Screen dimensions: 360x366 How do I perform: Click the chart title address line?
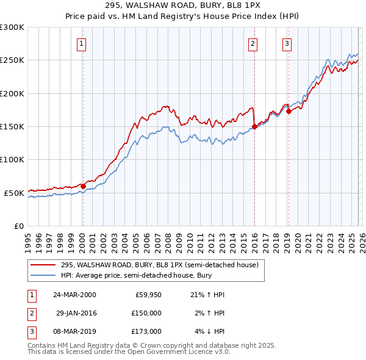(x=182, y=5)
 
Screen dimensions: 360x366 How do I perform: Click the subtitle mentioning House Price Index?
(x=182, y=15)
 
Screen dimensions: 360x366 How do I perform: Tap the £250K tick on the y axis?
(x=12, y=60)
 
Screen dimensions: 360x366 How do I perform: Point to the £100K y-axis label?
(x=12, y=159)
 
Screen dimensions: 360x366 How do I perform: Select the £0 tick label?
(x=18, y=226)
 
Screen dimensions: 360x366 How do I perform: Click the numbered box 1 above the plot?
(x=81, y=43)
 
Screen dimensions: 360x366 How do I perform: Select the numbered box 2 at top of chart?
(x=253, y=43)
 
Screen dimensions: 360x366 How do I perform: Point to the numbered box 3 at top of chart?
(x=286, y=43)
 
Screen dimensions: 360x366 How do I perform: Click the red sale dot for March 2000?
(x=83, y=186)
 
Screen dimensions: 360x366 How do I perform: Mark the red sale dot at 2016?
(x=254, y=127)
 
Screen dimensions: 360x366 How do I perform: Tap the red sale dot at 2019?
(x=289, y=111)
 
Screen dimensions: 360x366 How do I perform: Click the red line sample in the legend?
(x=43, y=265)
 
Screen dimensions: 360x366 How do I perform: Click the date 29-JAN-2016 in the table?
(x=76, y=313)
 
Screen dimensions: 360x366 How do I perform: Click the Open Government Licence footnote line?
(x=129, y=352)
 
